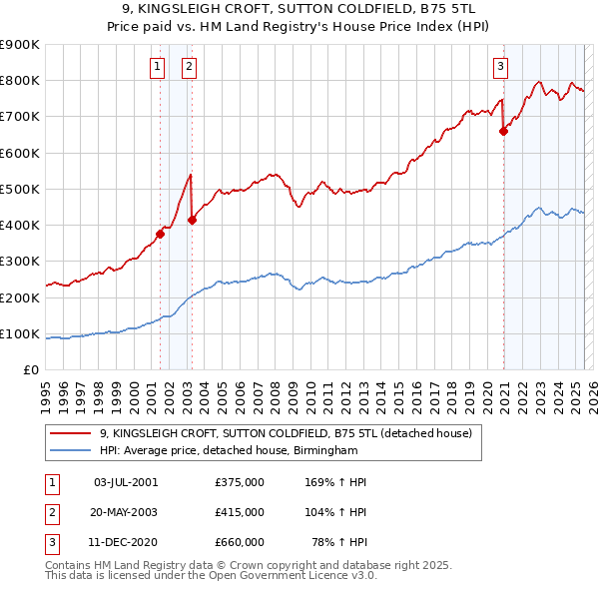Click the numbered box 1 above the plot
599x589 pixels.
158,67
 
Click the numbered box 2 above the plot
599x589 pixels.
189,67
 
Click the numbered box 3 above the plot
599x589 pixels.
500,67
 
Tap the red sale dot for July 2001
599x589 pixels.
160,235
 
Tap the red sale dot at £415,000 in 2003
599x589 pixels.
193,221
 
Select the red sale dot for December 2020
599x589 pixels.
504,131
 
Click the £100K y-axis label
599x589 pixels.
21,333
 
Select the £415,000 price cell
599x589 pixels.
240,512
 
